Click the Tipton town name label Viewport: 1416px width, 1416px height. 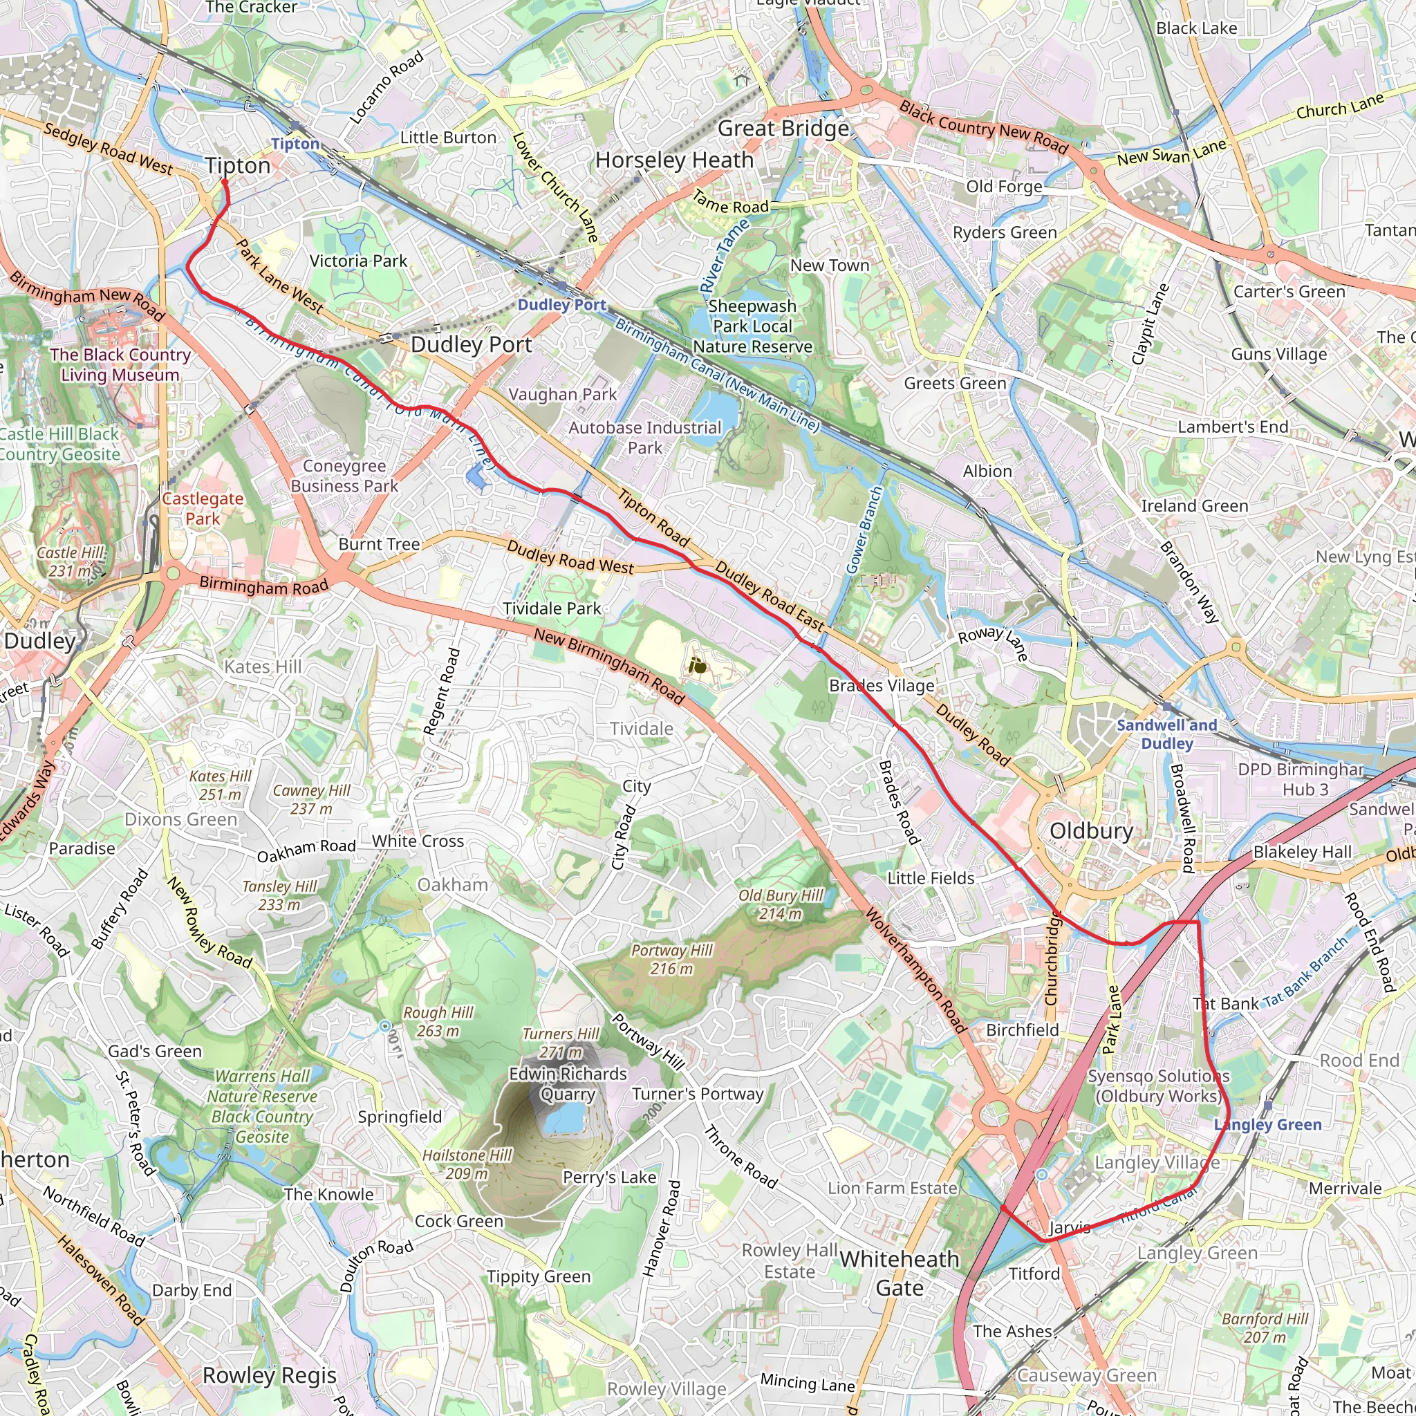click(237, 166)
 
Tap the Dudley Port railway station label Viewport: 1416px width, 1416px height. click(561, 305)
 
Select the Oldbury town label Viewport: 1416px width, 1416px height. click(1091, 831)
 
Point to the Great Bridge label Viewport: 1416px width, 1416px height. click(783, 129)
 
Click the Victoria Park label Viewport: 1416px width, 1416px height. click(357, 261)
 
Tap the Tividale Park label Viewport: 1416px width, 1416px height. click(552, 608)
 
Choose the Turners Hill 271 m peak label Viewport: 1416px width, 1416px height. click(561, 1043)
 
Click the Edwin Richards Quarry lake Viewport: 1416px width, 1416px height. click(563, 1119)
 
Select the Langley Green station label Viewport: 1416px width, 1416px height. click(1267, 1124)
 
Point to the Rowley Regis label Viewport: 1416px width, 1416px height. click(269, 1376)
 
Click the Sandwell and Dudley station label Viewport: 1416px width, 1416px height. click(1166, 734)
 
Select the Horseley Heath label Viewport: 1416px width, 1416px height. click(673, 160)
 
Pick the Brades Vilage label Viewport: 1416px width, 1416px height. click(882, 685)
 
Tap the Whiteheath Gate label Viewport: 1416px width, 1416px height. click(900, 1273)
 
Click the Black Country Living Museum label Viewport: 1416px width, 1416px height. click(120, 365)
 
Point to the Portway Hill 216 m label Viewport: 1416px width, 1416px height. click(671, 960)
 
